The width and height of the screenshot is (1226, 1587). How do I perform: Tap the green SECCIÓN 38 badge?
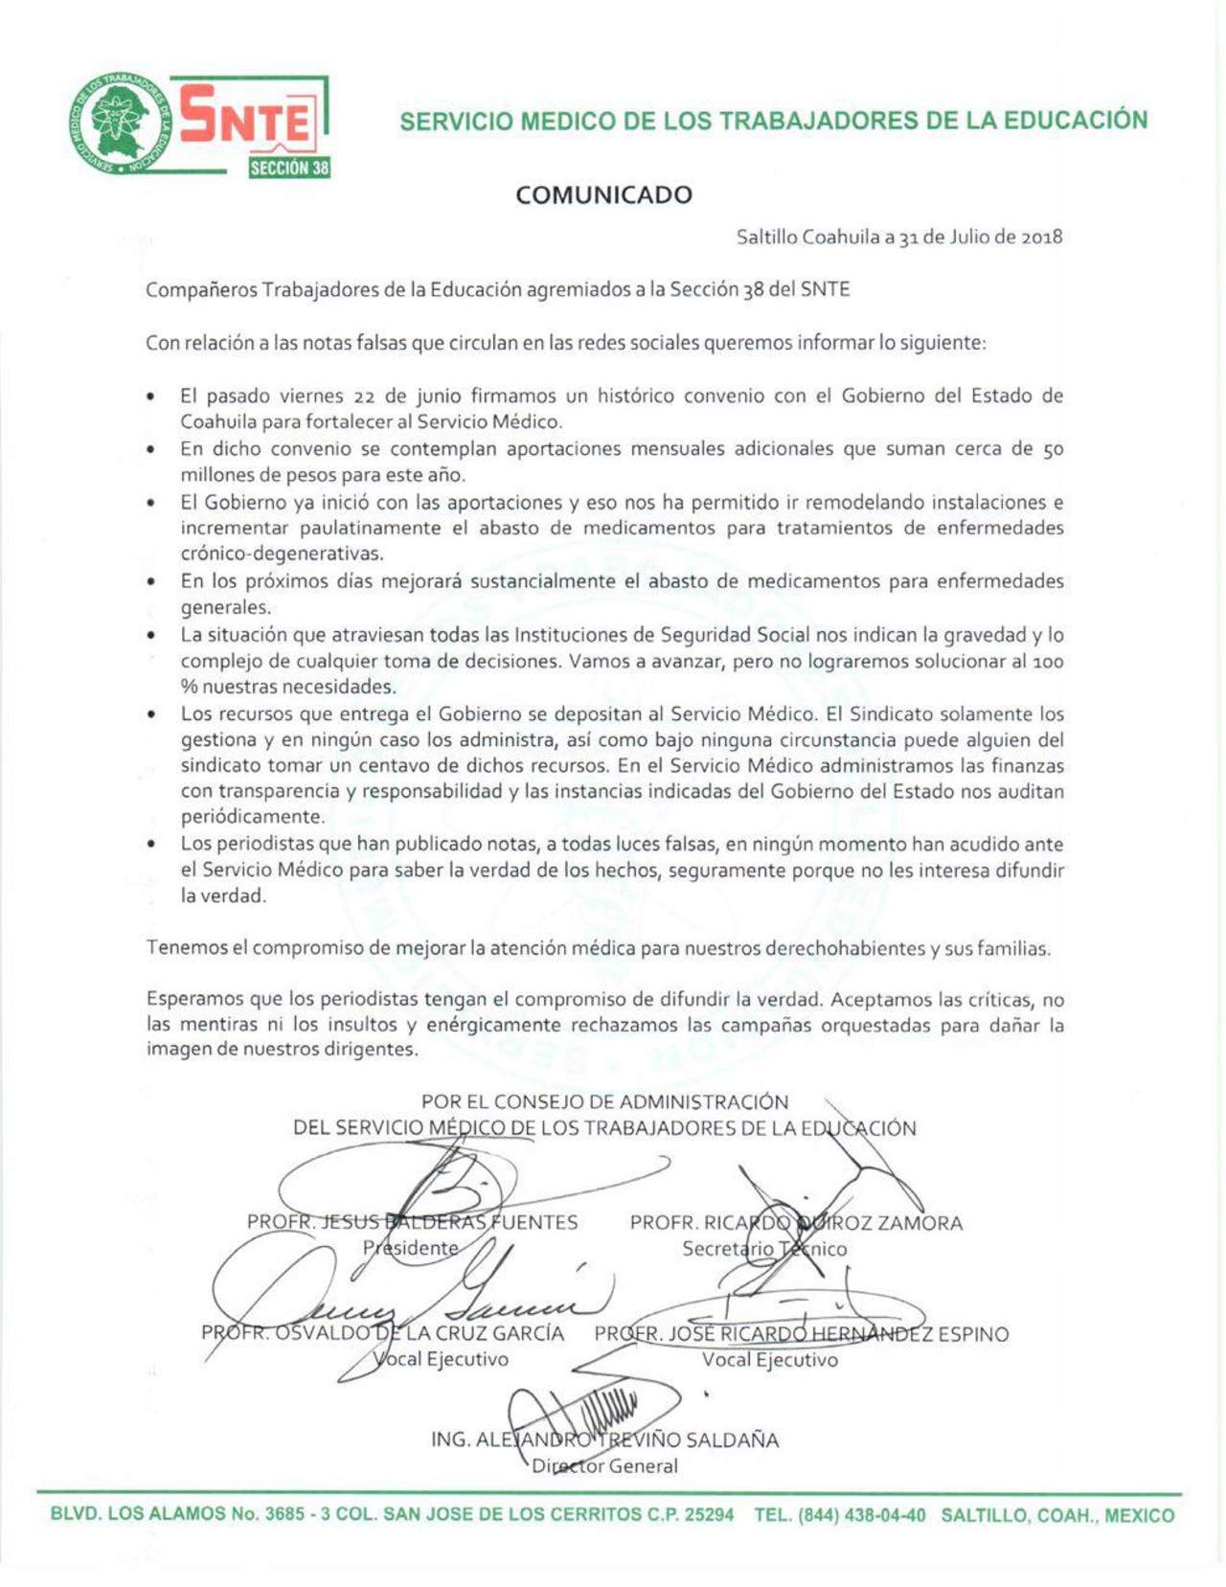point(289,168)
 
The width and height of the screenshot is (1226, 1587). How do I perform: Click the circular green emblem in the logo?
point(118,123)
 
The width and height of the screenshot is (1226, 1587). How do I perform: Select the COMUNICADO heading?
point(603,195)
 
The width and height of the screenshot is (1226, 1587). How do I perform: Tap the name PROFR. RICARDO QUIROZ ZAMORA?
point(796,1223)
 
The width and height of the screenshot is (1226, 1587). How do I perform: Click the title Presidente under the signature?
point(410,1248)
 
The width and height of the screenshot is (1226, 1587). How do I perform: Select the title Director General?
point(604,1465)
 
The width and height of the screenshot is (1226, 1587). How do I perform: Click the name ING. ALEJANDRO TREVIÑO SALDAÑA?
point(604,1440)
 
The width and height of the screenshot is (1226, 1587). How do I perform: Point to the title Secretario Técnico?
point(764,1249)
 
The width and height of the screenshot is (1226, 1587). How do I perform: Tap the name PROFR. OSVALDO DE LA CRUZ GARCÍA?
point(382,1333)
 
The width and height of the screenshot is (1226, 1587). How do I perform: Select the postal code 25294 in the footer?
point(709,1515)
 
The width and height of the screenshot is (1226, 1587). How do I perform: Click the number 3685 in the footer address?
point(284,1515)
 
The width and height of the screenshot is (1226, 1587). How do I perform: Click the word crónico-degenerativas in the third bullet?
point(282,554)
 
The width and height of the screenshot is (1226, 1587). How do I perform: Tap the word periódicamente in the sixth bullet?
point(252,817)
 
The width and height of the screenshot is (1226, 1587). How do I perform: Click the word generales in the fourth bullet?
point(225,607)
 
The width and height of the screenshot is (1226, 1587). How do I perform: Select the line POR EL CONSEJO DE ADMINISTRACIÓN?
point(604,1102)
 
